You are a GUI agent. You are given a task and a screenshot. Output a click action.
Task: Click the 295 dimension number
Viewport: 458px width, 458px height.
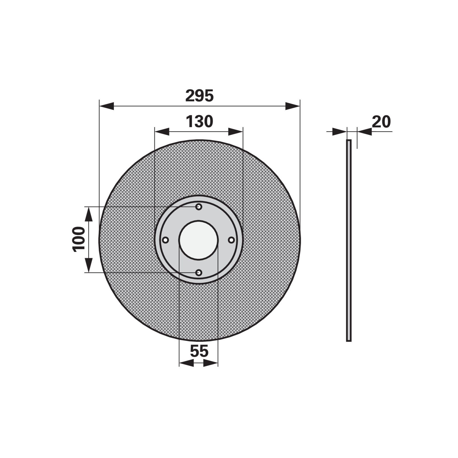point(199,96)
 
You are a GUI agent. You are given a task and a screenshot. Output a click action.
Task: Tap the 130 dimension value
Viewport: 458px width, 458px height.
point(199,121)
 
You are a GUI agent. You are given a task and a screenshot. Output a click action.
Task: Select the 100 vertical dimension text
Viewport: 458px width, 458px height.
point(79,239)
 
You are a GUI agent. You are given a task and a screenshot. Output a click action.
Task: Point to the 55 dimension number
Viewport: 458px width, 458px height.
point(199,351)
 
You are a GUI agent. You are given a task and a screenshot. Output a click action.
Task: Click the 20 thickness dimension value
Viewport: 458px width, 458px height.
point(381,122)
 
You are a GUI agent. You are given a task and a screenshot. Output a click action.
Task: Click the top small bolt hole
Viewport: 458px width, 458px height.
point(199,207)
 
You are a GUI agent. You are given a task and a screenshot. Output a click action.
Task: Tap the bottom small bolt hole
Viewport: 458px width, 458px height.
point(199,273)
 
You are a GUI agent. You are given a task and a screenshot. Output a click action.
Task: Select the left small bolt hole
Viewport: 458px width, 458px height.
point(165,240)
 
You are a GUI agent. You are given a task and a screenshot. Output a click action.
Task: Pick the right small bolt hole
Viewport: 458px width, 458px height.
point(231,240)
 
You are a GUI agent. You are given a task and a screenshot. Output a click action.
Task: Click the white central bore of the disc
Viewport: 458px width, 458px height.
point(198,240)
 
